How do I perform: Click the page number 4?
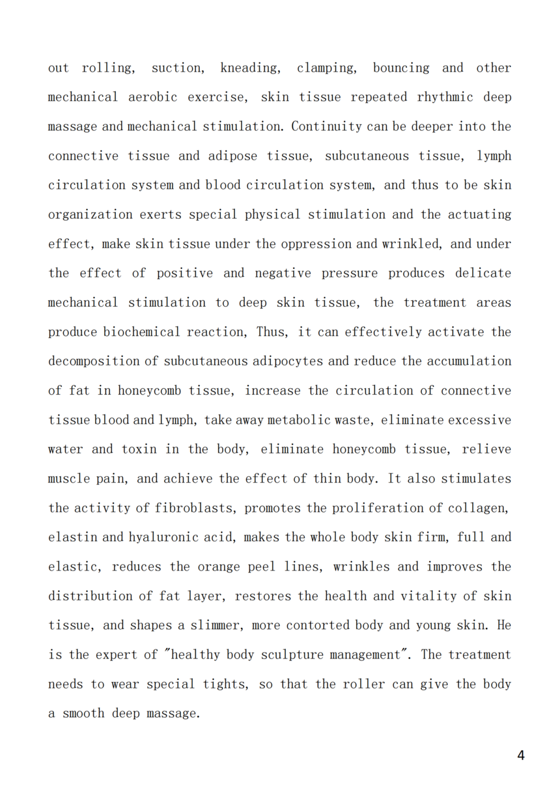(520, 756)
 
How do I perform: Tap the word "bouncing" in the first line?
(401, 68)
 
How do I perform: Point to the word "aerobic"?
(152, 97)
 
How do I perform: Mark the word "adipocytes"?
(288, 361)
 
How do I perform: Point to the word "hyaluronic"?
(162, 537)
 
